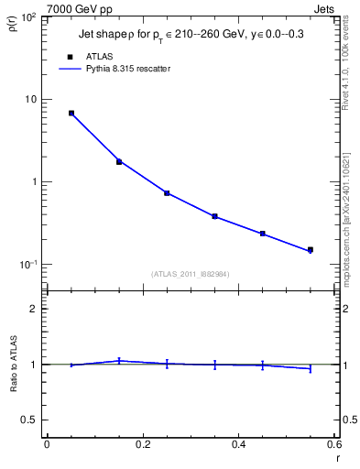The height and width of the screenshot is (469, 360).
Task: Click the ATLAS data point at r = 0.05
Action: tap(71, 113)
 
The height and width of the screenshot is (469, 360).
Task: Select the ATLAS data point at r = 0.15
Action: tap(119, 161)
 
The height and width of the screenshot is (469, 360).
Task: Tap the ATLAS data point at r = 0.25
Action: tap(167, 192)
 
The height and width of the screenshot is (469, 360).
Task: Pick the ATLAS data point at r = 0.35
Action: tap(214, 216)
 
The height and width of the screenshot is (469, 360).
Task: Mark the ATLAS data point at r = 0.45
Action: tap(262, 234)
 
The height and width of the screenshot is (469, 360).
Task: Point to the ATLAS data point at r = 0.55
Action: tap(311, 249)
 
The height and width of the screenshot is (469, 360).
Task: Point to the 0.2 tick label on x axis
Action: tap(142, 445)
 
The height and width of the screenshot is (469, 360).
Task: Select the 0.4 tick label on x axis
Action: tap(238, 445)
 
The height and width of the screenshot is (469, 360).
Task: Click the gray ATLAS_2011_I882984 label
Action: tap(190, 274)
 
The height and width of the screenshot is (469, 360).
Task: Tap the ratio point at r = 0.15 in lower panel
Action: tap(119, 361)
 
